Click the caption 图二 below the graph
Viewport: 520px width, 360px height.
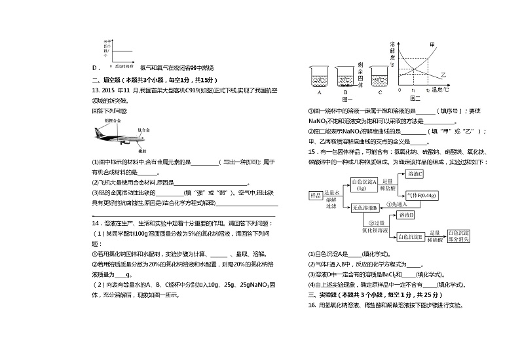tap(415, 98)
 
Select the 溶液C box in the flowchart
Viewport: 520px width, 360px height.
tap(416, 174)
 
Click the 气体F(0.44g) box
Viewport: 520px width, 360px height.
tap(422, 195)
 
